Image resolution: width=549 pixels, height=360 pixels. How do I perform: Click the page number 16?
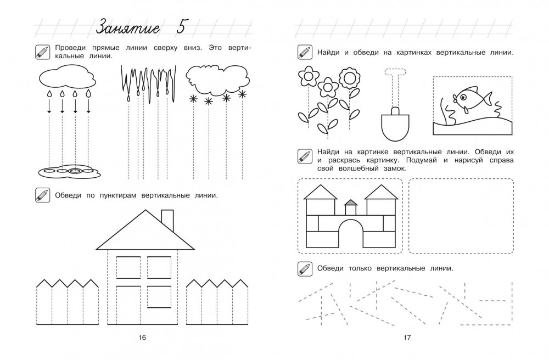(x=142, y=337)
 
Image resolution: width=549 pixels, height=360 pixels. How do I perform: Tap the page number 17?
(x=407, y=337)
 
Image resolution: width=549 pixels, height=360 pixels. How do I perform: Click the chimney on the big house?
(x=167, y=221)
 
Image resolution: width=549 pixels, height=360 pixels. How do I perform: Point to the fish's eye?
(x=464, y=97)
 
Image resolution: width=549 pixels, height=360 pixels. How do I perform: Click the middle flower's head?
(x=328, y=86)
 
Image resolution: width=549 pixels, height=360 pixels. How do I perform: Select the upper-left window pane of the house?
(x=128, y=267)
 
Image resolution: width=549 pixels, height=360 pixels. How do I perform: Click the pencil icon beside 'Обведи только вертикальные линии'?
(x=304, y=268)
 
